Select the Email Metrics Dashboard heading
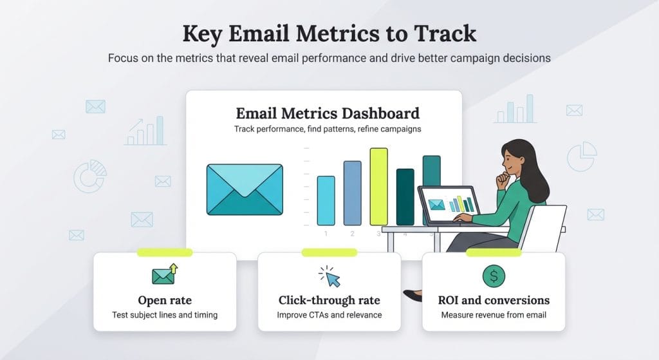tap(328, 113)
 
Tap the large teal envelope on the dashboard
tap(245, 189)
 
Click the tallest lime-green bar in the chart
tap(378, 186)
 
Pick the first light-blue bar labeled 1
tap(326, 200)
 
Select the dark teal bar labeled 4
tap(405, 196)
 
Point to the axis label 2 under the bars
tap(352, 233)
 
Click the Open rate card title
tap(165, 300)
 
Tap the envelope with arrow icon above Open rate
tap(165, 274)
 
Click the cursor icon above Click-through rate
tap(331, 278)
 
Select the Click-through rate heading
tap(329, 300)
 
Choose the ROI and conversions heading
tap(494, 300)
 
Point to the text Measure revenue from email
tap(494, 315)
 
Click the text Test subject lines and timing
tap(165, 315)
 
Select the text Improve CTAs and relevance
tap(329, 315)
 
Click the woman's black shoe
tap(413, 296)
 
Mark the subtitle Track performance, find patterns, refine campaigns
tap(328, 129)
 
